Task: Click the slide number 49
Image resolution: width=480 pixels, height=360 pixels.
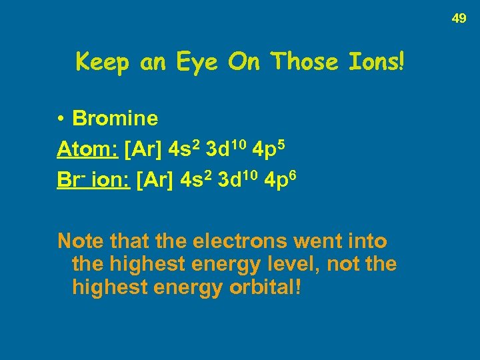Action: pyautogui.click(x=459, y=19)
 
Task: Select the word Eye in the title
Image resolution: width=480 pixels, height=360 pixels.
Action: pyautogui.click(x=198, y=62)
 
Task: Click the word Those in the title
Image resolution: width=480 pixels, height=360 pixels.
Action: pyautogui.click(x=306, y=62)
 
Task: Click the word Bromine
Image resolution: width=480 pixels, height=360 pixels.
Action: pyautogui.click(x=115, y=119)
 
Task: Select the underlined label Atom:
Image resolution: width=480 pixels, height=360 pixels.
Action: pyautogui.click(x=87, y=149)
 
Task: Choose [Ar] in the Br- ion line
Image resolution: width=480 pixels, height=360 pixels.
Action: pyautogui.click(x=156, y=180)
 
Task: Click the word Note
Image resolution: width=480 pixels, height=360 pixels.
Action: pyautogui.click(x=80, y=240)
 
